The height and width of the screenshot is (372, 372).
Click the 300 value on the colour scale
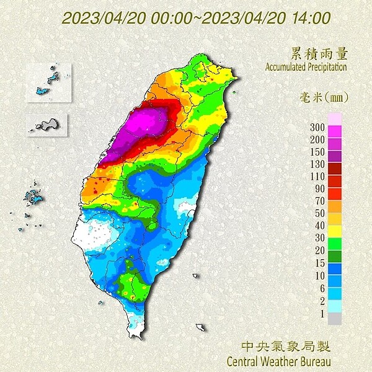318,128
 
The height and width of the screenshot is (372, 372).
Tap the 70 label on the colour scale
320,201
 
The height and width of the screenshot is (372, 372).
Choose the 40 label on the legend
320,225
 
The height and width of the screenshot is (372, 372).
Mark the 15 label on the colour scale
320,262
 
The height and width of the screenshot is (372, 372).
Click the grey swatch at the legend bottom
334,319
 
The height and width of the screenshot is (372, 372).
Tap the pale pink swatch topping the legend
334,118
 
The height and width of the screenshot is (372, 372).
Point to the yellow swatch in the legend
334,231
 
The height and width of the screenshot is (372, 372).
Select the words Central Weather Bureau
279,360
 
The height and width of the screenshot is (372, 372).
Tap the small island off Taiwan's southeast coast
200,327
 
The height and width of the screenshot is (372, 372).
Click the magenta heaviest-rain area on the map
148,124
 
